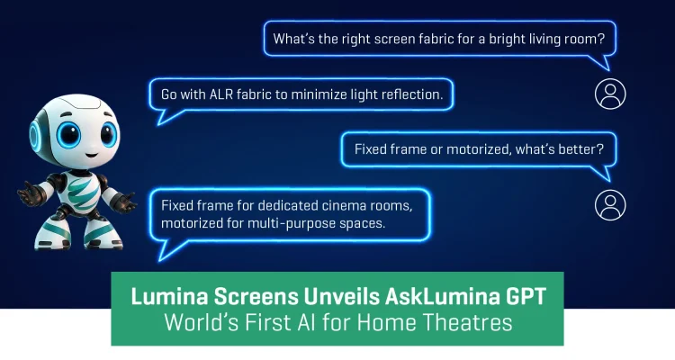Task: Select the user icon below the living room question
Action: [610, 93]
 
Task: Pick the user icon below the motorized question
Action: [610, 204]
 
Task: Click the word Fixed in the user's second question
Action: [372, 148]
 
